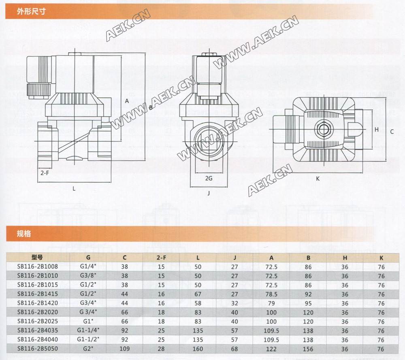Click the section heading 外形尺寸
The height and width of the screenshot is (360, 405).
(31, 11)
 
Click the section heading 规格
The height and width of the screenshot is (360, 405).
(24, 234)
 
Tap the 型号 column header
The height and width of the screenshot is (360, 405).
(37, 257)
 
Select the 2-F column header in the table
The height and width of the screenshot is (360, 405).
(161, 258)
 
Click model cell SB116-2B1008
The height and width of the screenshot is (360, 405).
(38, 266)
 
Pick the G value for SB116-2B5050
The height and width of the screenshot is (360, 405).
(88, 349)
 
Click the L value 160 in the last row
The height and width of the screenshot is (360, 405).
(198, 349)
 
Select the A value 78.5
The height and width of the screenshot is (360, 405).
(271, 294)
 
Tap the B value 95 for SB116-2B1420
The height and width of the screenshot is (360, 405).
(308, 303)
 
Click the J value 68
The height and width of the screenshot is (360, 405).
(234, 349)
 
